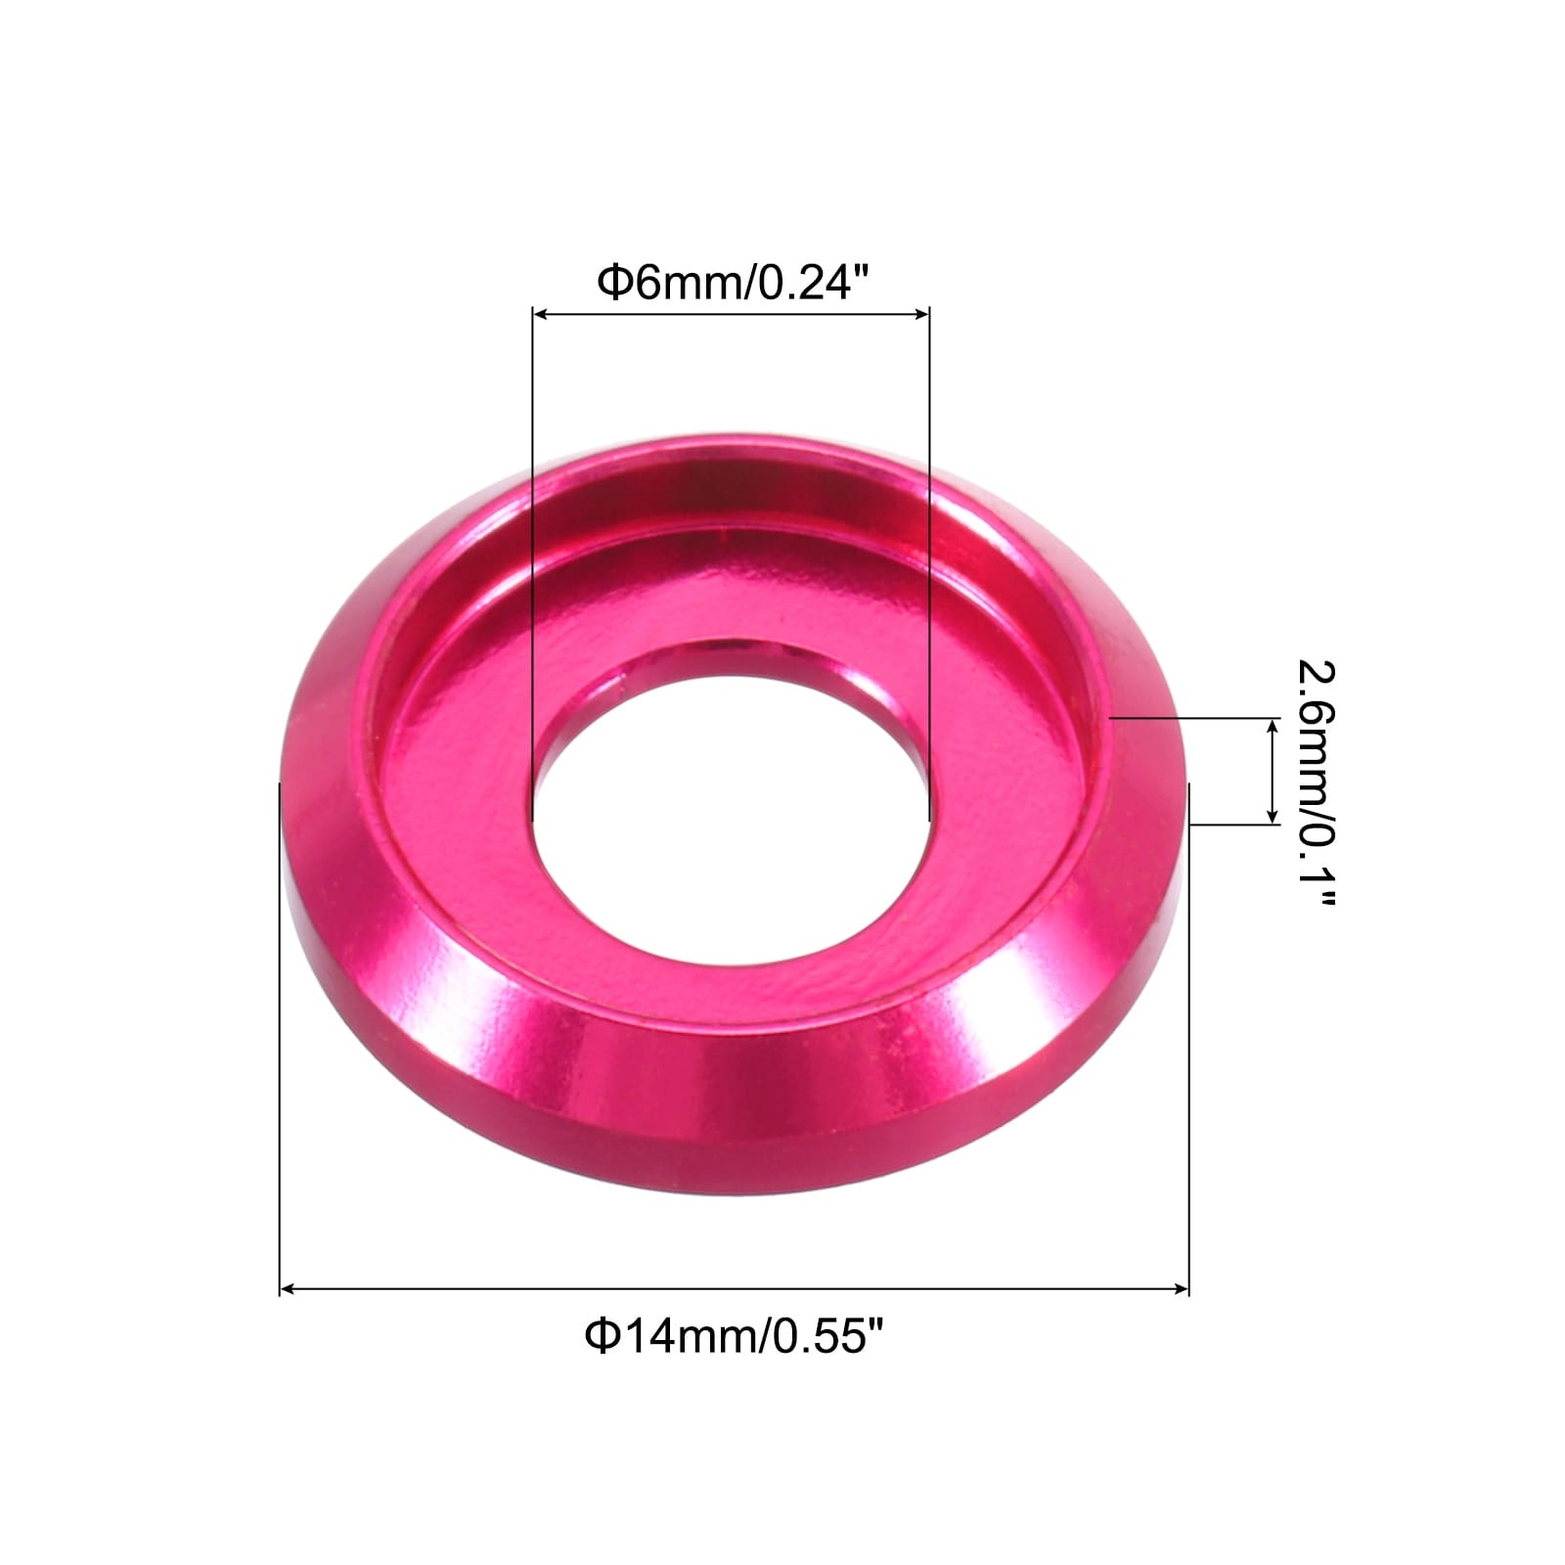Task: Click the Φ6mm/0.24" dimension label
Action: click(x=733, y=284)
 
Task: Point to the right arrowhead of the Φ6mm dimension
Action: click(x=920, y=314)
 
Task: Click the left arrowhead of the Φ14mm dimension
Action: click(x=288, y=1290)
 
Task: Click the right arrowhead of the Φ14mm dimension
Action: click(x=1181, y=1290)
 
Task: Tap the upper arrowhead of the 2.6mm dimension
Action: click(x=1273, y=725)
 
